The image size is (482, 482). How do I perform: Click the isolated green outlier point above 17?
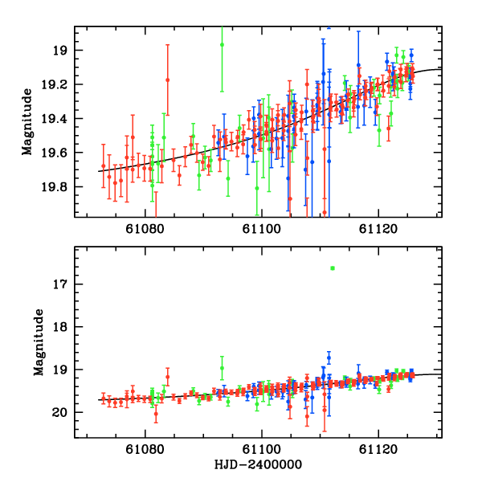[332, 268]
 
